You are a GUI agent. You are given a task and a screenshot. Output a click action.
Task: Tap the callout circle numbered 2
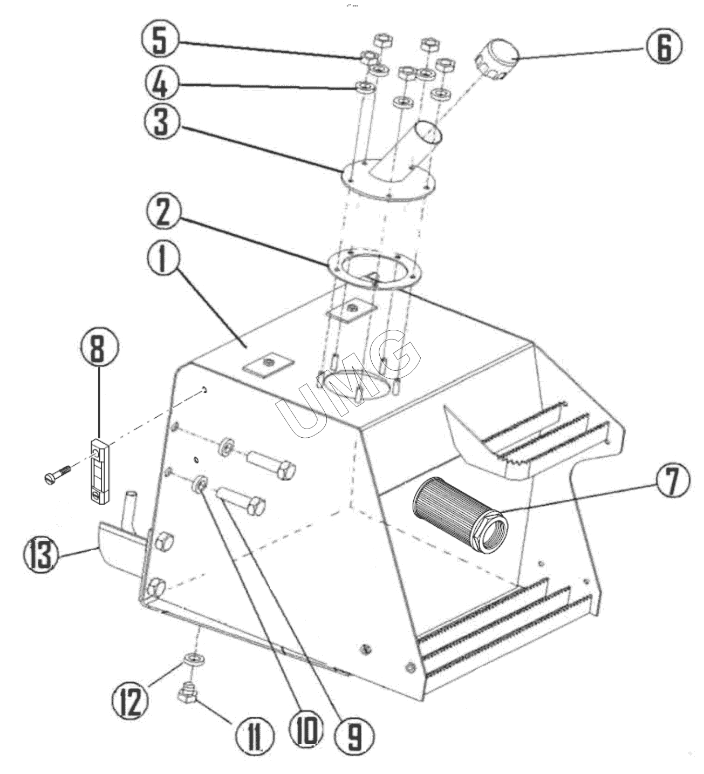tap(163, 213)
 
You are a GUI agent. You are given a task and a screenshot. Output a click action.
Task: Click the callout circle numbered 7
tap(672, 481)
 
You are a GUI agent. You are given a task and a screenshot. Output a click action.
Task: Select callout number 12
tap(130, 703)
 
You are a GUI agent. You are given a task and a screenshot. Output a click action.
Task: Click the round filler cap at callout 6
tap(497, 59)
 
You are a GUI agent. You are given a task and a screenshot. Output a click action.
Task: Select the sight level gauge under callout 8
tap(99, 472)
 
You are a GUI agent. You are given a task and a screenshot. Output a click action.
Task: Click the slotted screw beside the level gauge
tap(58, 473)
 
